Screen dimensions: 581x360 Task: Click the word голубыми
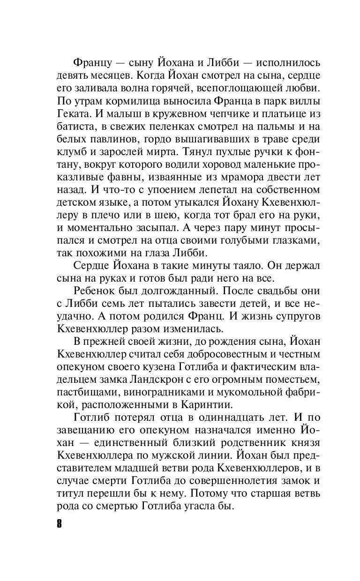tap(246, 240)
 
